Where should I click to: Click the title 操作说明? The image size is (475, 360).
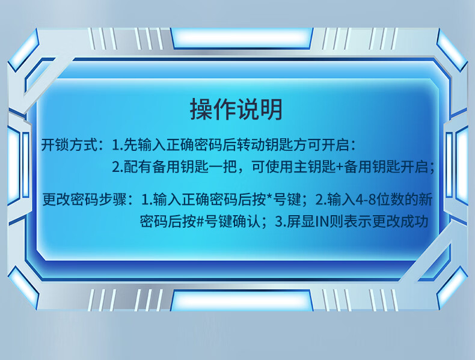pos(236,109)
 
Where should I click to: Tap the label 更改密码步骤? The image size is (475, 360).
pos(84,200)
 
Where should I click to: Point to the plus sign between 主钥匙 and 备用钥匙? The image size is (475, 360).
pos(340,167)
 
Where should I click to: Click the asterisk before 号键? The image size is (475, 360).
pos(269,197)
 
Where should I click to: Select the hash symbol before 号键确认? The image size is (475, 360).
pos(200,221)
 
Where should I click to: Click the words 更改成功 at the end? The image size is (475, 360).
pos(400,221)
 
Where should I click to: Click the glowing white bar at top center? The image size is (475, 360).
pos(242,38)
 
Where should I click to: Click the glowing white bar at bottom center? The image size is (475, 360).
pos(242,301)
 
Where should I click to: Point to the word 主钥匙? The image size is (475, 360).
pos(314,167)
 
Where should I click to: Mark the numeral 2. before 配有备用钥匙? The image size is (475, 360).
pos(117,167)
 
